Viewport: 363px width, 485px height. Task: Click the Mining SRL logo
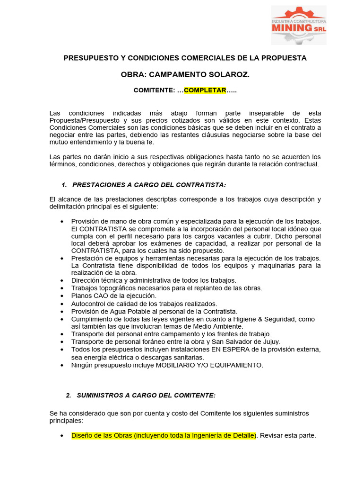tap(298, 25)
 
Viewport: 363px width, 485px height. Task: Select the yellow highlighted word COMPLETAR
tap(205, 90)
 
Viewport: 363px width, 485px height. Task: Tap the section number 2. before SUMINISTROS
tap(69, 395)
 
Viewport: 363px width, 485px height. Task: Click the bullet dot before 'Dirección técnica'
tap(63, 281)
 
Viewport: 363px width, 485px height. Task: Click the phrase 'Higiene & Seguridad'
tap(259, 319)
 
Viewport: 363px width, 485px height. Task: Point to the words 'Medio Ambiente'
tap(219, 326)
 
